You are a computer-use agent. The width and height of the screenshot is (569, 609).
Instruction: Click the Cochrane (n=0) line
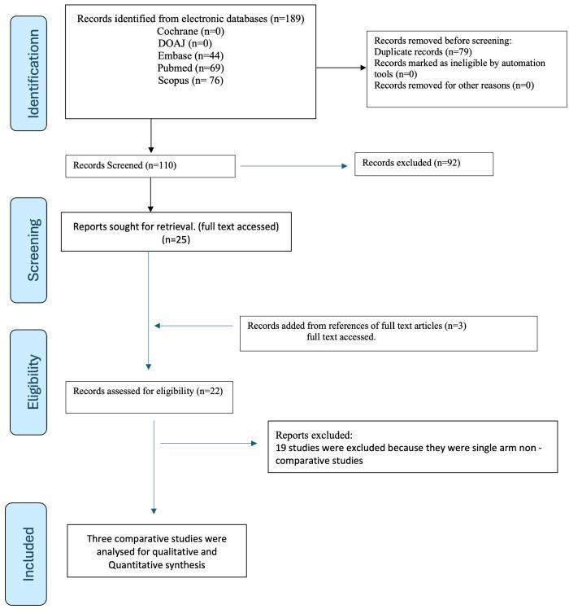192,30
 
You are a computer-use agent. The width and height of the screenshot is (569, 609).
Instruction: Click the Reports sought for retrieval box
176,232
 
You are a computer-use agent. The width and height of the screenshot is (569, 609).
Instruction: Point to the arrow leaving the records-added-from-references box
195,326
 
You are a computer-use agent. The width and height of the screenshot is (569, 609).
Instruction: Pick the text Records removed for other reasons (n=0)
454,85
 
